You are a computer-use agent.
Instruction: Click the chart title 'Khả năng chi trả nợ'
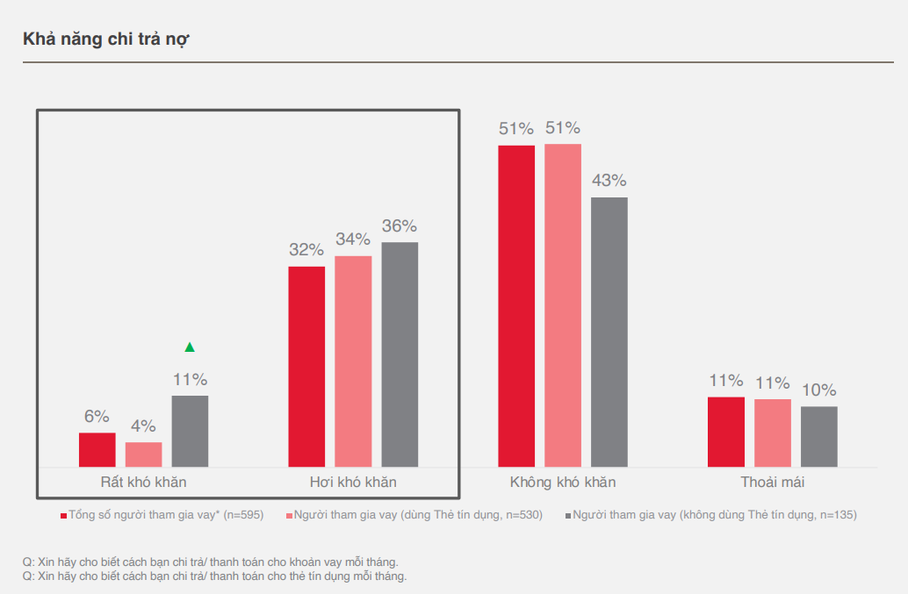coord(107,39)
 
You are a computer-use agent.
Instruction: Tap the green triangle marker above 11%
coord(190,347)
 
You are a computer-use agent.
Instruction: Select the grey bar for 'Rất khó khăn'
coord(190,431)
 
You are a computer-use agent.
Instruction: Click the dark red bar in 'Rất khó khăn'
coord(97,449)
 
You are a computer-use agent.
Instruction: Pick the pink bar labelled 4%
coord(144,454)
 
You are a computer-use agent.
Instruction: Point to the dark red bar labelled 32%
coord(306,366)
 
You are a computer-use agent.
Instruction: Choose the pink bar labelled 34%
coord(353,361)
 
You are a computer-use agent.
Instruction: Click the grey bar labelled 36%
coord(400,354)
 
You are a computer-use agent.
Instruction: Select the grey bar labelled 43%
coord(609,332)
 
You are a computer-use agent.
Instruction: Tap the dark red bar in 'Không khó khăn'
coord(516,305)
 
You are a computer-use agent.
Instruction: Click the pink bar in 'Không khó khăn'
coord(563,305)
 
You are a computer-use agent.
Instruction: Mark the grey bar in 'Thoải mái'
coord(819,436)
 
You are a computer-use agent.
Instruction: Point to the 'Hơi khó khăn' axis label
coord(353,483)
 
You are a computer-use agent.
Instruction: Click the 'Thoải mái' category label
coord(773,483)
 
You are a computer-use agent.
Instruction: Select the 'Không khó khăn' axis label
coord(563,483)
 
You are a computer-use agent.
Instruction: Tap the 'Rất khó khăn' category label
coord(144,483)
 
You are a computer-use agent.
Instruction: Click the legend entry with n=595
coord(162,515)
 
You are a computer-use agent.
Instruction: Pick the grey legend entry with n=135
coord(710,515)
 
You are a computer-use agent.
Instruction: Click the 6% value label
coord(97,417)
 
